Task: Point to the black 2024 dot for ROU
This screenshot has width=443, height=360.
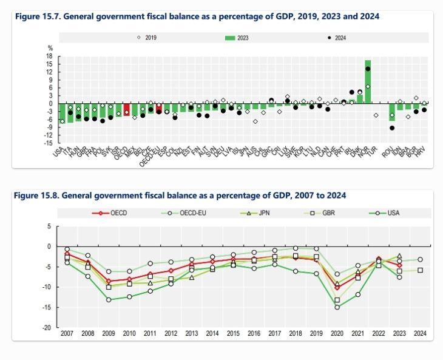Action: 392,128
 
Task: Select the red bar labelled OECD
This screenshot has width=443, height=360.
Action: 126,109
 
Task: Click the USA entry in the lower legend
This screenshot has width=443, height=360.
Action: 388,213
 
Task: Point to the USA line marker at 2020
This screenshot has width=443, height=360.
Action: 337,307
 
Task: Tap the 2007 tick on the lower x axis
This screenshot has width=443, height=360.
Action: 67,333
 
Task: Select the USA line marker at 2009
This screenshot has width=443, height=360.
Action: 109,300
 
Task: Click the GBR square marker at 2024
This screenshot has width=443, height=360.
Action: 420,270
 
